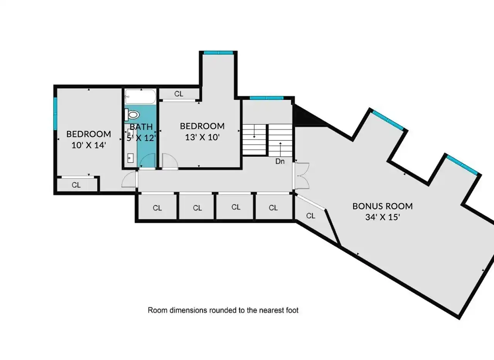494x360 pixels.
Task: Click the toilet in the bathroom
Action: (132, 114)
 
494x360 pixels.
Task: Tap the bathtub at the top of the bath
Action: (140, 97)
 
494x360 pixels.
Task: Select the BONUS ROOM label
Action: (382, 206)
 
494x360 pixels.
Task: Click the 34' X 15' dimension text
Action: (382, 217)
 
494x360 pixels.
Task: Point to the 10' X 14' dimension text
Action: (89, 145)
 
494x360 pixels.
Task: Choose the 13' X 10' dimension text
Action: (202, 137)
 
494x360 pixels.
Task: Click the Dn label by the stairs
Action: (280, 161)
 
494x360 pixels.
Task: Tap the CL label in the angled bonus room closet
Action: (311, 216)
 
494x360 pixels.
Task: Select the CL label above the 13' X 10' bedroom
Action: (179, 94)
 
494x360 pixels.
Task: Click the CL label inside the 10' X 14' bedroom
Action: (76, 185)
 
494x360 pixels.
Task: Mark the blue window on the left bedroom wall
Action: (55, 114)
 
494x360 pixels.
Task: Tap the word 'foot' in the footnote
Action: (292, 310)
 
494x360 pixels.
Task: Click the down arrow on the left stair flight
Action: (254, 131)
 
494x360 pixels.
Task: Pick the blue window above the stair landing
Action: (267, 98)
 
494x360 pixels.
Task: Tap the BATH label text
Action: (141, 127)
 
